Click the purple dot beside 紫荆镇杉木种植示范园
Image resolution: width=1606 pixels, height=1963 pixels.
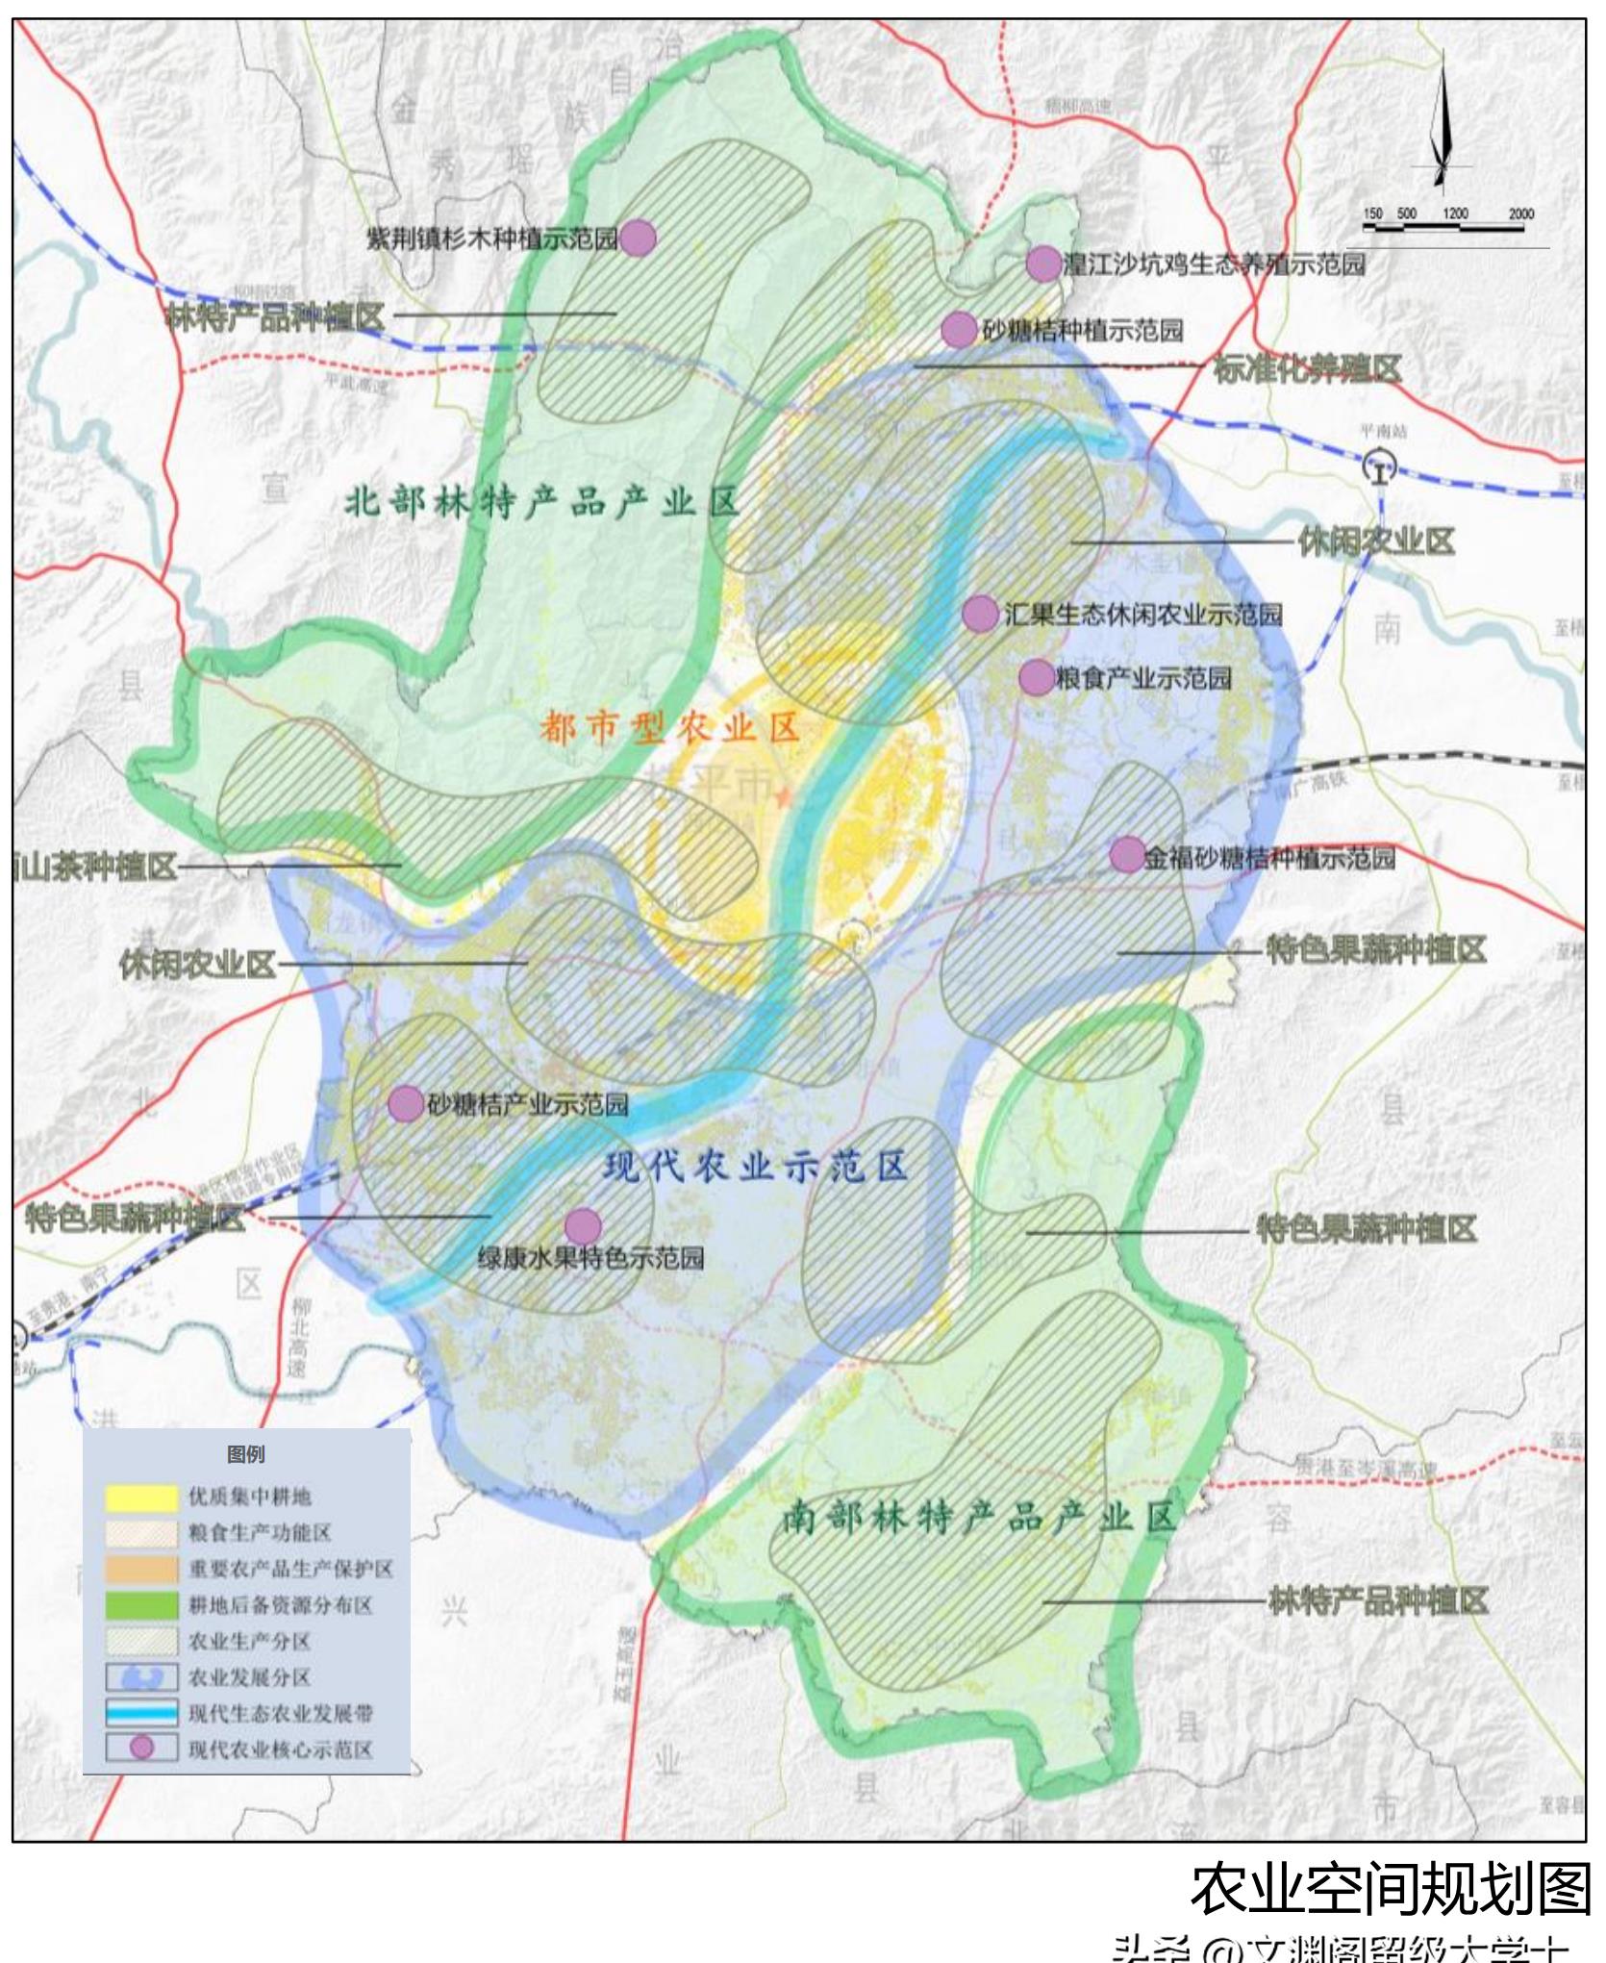point(638,237)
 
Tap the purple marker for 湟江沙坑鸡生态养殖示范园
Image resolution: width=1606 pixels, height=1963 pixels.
point(1043,263)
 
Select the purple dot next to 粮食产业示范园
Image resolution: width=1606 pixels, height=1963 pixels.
point(1037,677)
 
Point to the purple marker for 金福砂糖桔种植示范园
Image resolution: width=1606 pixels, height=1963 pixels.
point(1127,854)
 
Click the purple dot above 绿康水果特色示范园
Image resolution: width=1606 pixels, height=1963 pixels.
point(583,1226)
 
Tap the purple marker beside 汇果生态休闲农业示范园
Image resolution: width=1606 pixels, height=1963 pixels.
point(980,614)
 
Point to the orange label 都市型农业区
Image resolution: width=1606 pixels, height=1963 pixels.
point(669,728)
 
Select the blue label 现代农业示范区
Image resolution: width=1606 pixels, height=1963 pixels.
point(756,1166)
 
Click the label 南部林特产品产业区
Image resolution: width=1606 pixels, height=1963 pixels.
point(977,1517)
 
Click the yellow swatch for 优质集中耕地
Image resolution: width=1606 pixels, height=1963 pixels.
point(141,1497)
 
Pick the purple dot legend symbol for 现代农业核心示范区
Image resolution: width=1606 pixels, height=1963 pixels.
point(141,1748)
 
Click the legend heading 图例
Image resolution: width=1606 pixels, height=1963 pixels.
point(246,1453)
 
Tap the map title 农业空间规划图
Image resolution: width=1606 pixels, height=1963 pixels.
point(1390,1887)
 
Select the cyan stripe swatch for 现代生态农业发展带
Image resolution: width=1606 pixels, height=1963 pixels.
point(141,1712)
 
